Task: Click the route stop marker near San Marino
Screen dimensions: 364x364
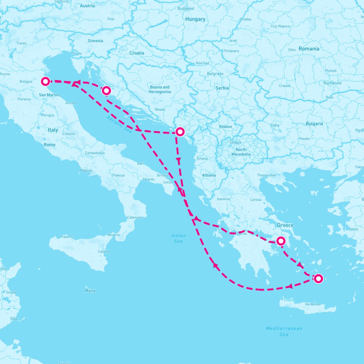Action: (45, 81)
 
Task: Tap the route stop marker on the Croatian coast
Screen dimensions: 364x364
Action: (106, 90)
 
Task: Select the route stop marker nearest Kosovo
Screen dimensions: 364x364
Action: (180, 132)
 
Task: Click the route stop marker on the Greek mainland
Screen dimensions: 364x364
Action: (281, 241)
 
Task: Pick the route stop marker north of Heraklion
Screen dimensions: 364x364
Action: (318, 278)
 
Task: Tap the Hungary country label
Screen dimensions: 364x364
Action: (195, 19)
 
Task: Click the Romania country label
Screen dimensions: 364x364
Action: (309, 49)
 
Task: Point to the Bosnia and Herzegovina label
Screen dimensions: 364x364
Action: (160, 89)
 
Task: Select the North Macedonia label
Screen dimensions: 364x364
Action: (241, 152)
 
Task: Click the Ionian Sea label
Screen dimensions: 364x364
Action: (178, 238)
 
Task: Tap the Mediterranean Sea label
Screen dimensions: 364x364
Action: (284, 331)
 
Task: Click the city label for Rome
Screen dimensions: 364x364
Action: (49, 145)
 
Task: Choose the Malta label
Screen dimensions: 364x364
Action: (90, 291)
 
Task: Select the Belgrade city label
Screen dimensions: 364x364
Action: (215, 74)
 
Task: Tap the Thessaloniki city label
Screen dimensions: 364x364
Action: (266, 175)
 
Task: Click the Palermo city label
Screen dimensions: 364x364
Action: (67, 237)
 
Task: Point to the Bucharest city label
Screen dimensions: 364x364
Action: (332, 83)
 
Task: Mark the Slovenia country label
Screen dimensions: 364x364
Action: (95, 41)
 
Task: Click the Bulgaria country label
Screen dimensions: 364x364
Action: (314, 123)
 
